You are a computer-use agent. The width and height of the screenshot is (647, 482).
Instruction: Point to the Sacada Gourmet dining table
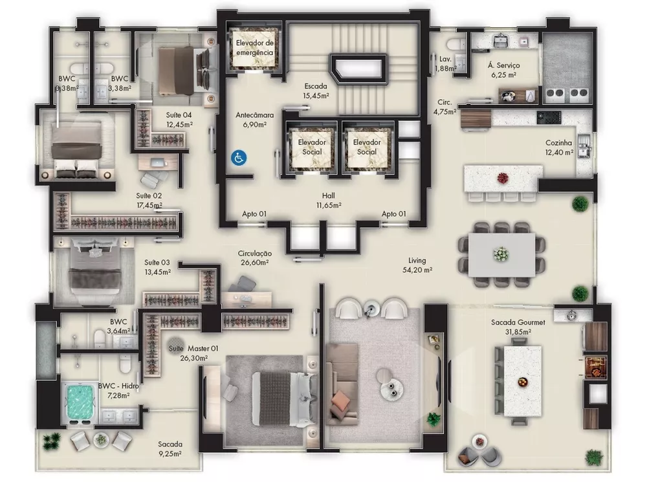coord(518,382)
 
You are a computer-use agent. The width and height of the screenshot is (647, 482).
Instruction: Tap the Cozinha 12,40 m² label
coord(559,148)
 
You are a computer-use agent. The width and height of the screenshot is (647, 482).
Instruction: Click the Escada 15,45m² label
coord(316,91)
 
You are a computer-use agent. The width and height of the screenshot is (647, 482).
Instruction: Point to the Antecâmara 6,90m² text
coord(254,119)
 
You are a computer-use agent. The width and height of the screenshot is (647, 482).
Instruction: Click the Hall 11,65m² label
coord(328,199)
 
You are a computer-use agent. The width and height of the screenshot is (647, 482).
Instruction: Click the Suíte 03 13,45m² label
coord(157,267)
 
